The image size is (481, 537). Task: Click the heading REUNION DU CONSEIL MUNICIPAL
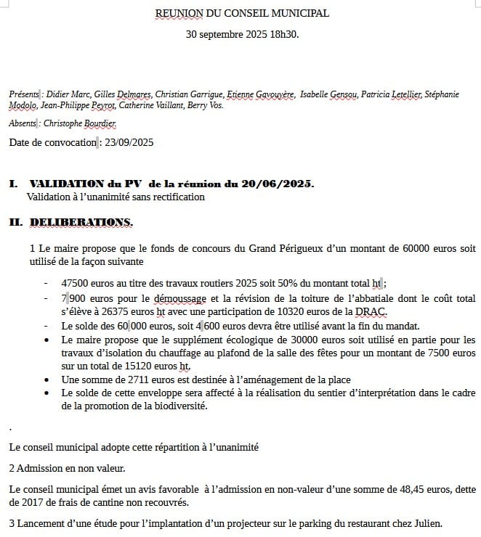pyautogui.click(x=241, y=13)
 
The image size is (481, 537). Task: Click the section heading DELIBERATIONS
pyautogui.click(x=81, y=221)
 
